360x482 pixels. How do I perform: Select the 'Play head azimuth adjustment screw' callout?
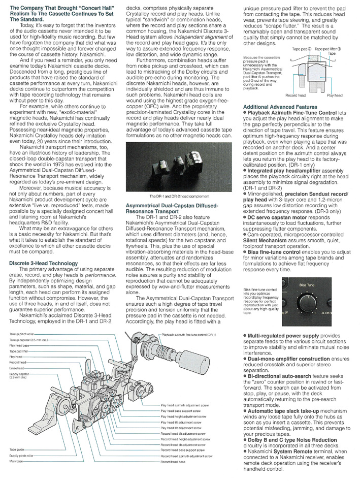click(x=183, y=420)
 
